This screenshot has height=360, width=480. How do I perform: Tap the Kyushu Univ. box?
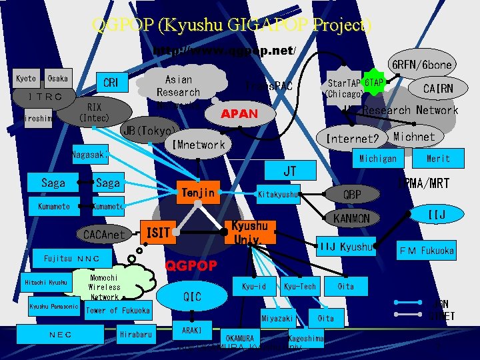[251, 232]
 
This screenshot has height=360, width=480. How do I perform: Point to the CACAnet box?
[103, 235]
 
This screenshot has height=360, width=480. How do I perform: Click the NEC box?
[61, 335]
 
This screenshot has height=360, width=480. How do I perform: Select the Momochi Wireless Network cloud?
[105, 287]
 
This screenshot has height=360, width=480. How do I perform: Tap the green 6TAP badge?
[374, 82]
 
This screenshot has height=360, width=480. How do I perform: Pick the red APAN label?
[239, 114]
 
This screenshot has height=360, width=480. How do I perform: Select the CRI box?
[111, 83]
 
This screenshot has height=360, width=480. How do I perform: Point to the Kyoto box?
[26, 79]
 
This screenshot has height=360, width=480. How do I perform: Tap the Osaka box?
[57, 79]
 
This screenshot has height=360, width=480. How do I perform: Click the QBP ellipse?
[353, 194]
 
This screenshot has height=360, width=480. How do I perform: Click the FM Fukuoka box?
[427, 251]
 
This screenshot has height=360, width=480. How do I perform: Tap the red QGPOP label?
[191, 265]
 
